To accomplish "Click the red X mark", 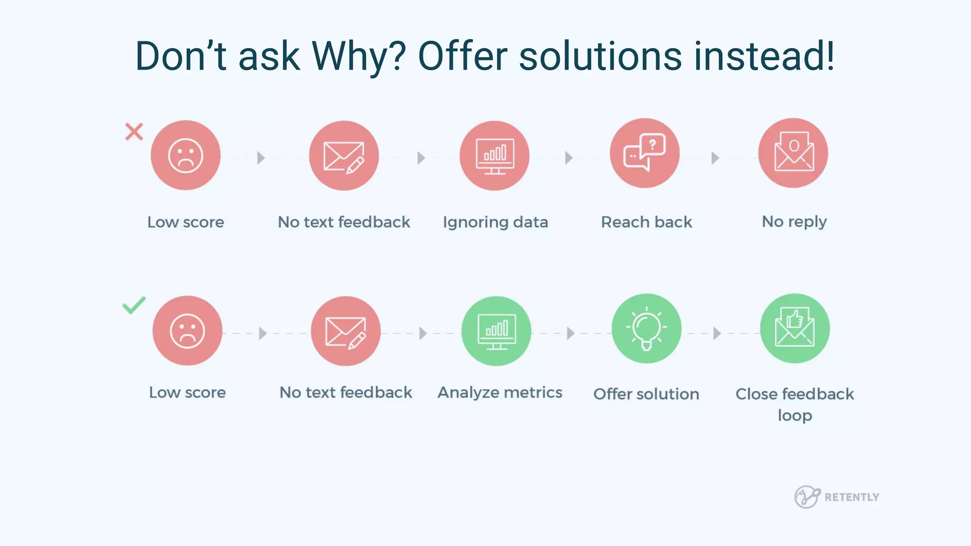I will coord(134,132).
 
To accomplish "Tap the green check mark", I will coord(134,306).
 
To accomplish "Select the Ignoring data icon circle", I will coord(495,155).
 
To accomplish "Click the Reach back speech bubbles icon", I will coord(644,153).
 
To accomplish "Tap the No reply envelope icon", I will coord(793,153).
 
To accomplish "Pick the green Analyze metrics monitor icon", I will coord(496,331).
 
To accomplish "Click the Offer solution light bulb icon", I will coord(646,328).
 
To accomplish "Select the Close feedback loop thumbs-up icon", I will coord(795,328).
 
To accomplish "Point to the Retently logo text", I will coord(852,497).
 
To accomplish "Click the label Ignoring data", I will coord(495,222).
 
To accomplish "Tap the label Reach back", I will coord(646,222).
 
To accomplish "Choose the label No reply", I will coord(794,222).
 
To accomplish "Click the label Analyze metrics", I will coord(500,392).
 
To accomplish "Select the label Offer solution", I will coord(646,394).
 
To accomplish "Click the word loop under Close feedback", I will coord(795,416).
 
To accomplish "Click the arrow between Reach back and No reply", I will coord(715,158).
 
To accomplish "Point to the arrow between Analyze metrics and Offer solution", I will coord(571,333).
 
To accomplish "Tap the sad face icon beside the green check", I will coord(187,331).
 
